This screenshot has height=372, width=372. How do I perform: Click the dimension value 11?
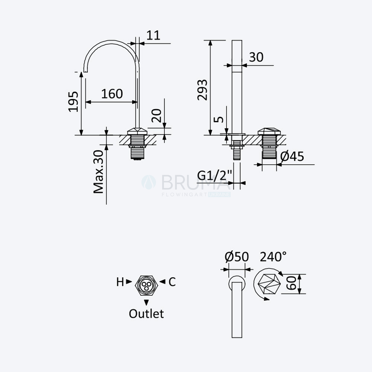pos(153,35)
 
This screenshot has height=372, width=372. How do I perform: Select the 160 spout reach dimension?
pos(112,94)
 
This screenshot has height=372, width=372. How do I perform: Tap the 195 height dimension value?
pos(73,101)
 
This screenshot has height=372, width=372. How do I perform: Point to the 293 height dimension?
pos(202,90)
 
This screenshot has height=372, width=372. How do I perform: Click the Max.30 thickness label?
pos(99,172)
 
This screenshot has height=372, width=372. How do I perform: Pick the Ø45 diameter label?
pos(292,156)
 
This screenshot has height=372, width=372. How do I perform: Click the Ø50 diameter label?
pos(237,257)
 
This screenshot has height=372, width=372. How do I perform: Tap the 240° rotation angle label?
pos(273,256)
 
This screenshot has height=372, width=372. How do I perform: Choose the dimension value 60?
pos(291,283)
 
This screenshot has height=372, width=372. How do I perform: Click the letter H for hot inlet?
pos(120,282)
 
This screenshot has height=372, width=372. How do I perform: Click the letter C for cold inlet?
pos(172,282)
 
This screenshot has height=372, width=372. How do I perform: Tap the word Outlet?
pos(146,314)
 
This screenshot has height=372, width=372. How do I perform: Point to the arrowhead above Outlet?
pos(146,302)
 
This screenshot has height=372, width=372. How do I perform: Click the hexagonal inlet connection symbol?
pos(146,285)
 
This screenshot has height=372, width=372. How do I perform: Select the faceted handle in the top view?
pos(269,284)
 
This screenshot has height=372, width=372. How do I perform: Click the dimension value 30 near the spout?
pos(256,57)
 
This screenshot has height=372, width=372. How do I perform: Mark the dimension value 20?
pos(157,116)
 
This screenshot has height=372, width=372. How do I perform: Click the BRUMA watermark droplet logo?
pos(149,182)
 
